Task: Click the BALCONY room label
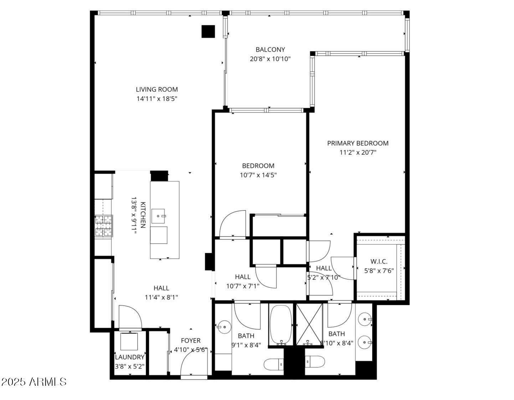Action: (270, 50)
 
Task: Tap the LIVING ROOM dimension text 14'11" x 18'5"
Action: (157, 99)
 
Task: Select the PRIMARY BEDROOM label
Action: (358, 143)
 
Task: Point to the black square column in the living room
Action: (208, 31)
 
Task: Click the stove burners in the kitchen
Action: (103, 226)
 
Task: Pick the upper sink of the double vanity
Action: (365, 319)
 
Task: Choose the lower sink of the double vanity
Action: (365, 342)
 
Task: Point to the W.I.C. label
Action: (379, 261)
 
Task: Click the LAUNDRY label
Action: (130, 357)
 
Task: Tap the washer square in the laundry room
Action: (129, 342)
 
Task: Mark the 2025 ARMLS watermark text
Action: (34, 382)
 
